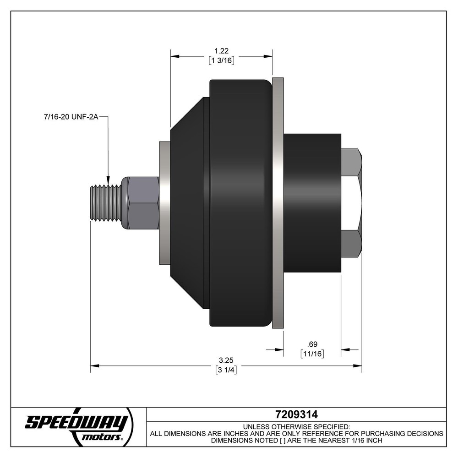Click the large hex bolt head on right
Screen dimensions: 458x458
click(352, 202)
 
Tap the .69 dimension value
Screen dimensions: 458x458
click(312, 343)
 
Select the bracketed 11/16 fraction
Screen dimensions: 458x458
click(312, 354)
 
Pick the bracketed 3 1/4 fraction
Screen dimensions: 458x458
click(225, 370)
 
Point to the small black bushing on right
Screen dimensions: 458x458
click(312, 202)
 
